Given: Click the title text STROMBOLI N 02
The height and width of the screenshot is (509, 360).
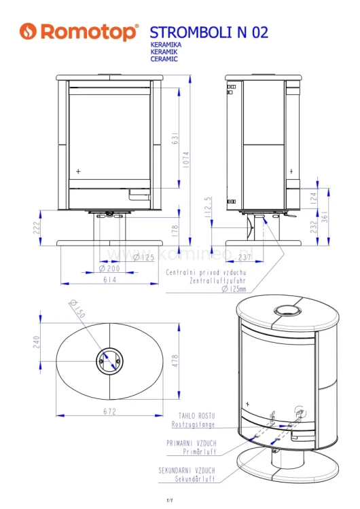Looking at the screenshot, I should click(x=209, y=32).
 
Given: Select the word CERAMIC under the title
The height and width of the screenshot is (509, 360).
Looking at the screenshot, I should click(x=164, y=59).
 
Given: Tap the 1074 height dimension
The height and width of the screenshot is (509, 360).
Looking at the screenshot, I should click(x=185, y=159).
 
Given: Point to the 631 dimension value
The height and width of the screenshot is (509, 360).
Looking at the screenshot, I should click(x=174, y=138).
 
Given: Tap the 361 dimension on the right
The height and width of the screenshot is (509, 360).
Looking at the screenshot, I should click(x=325, y=216).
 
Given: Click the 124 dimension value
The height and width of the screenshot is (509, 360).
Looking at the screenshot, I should click(x=313, y=197).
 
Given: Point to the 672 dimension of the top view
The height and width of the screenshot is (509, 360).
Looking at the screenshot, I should click(x=110, y=411).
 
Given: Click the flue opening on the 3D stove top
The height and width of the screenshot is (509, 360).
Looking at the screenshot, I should click(x=287, y=311).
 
